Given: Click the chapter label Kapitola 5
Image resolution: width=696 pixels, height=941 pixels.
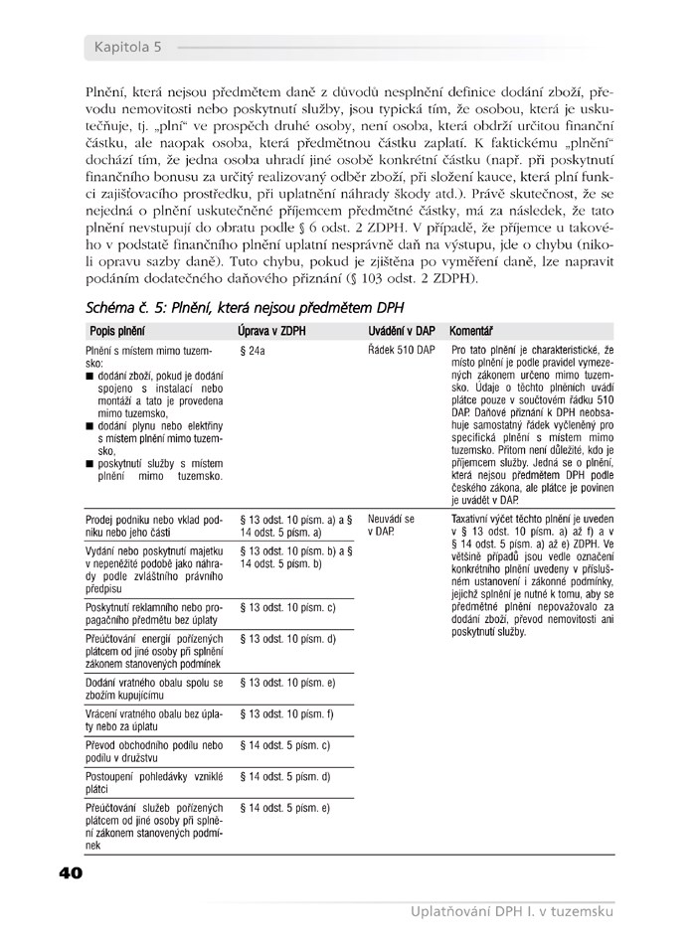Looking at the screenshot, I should (x=128, y=47).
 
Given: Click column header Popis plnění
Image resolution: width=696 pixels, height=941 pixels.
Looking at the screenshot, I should (x=115, y=329).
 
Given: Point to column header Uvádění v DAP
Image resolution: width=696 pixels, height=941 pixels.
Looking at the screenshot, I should (x=402, y=329).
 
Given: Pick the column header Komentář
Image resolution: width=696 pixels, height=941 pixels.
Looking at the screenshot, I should (x=473, y=329).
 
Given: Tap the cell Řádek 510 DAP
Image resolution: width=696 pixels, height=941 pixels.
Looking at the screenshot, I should (x=402, y=351).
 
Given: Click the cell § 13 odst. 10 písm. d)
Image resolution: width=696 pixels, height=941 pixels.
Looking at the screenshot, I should (x=288, y=639).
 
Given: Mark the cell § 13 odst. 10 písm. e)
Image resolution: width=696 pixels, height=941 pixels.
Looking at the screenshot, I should (x=288, y=683).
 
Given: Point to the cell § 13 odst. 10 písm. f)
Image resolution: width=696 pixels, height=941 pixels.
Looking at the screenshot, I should (x=287, y=714).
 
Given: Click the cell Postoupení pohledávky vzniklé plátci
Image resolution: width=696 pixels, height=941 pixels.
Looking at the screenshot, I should (x=153, y=782).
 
